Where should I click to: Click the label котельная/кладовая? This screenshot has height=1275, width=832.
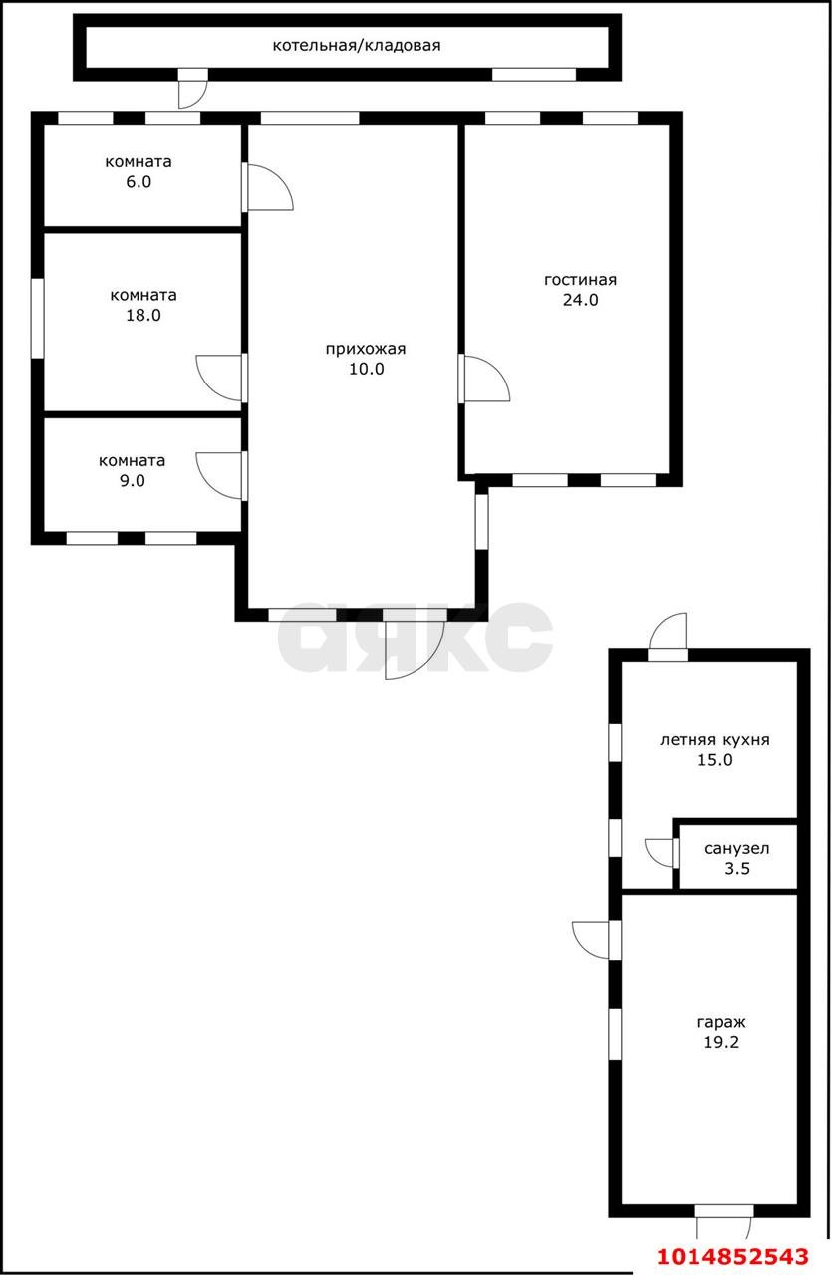tap(357, 46)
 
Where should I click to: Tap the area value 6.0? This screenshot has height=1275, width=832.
tap(139, 182)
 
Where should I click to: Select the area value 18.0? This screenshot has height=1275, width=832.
tap(142, 315)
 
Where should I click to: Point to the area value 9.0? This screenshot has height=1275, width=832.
tap(132, 480)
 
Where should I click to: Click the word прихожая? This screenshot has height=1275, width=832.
tap(366, 349)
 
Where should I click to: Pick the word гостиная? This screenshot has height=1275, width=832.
tap(580, 280)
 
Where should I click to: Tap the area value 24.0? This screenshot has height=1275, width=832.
tap(580, 300)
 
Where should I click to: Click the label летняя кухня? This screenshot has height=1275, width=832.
tap(714, 739)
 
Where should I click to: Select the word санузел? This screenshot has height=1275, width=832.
tap(737, 848)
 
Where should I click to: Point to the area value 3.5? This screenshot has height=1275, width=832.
tap(737, 868)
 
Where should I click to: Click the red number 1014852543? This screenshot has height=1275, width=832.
tap(733, 1256)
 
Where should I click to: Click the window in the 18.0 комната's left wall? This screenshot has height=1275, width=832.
tap(38, 318)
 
